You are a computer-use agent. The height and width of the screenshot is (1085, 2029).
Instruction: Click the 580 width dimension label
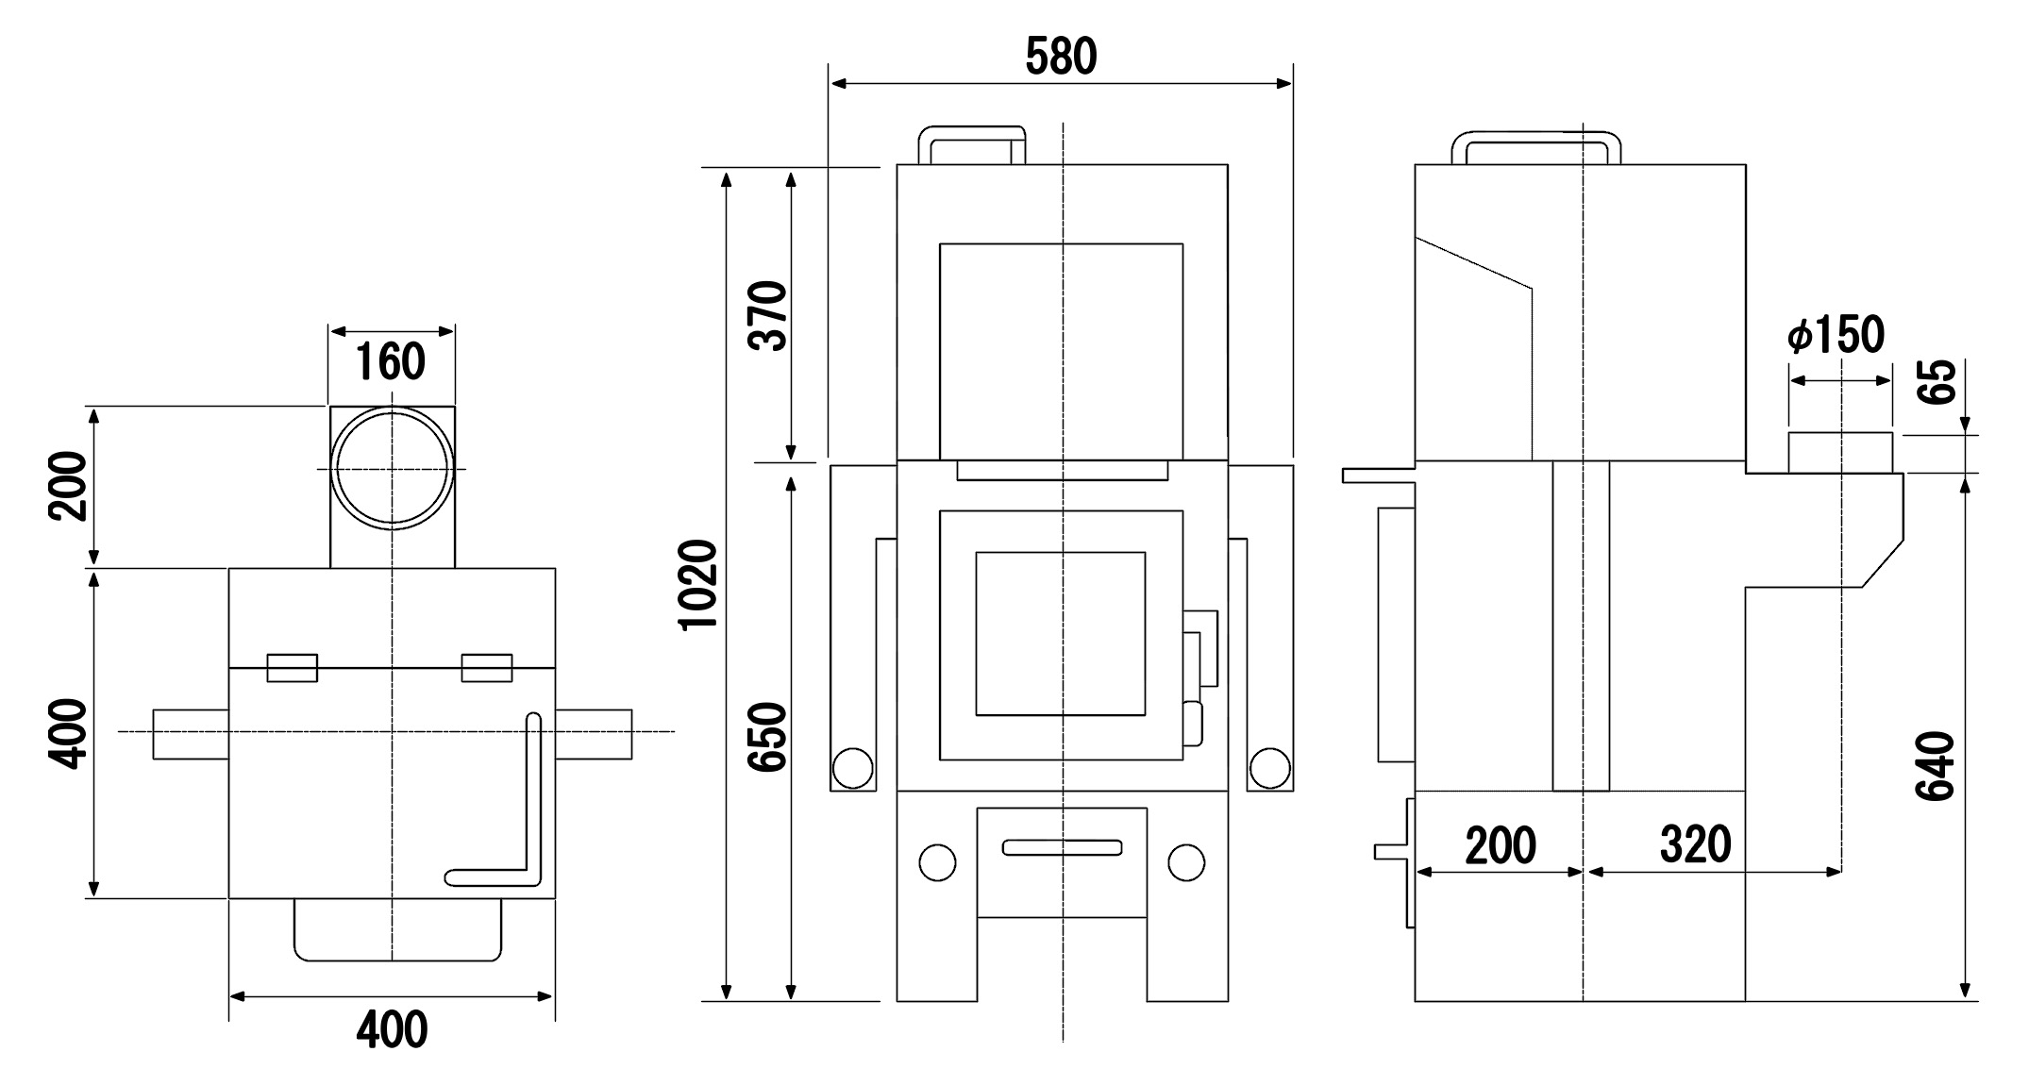pyautogui.click(x=1061, y=58)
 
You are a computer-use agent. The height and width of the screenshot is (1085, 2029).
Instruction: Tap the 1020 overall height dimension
pyautogui.click(x=700, y=584)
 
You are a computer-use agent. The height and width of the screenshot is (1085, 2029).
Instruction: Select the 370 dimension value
pyautogui.click(x=768, y=316)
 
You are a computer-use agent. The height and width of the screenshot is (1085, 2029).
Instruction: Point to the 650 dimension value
pyautogui.click(x=768, y=737)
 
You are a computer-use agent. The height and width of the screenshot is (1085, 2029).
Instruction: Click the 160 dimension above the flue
pyautogui.click(x=392, y=362)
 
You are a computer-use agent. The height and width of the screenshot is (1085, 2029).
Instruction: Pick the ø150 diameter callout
pyautogui.click(x=1836, y=334)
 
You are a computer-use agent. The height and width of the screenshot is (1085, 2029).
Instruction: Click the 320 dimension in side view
pyautogui.click(x=1696, y=845)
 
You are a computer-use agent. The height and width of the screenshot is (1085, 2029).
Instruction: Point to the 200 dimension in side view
pyautogui.click(x=1501, y=845)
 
